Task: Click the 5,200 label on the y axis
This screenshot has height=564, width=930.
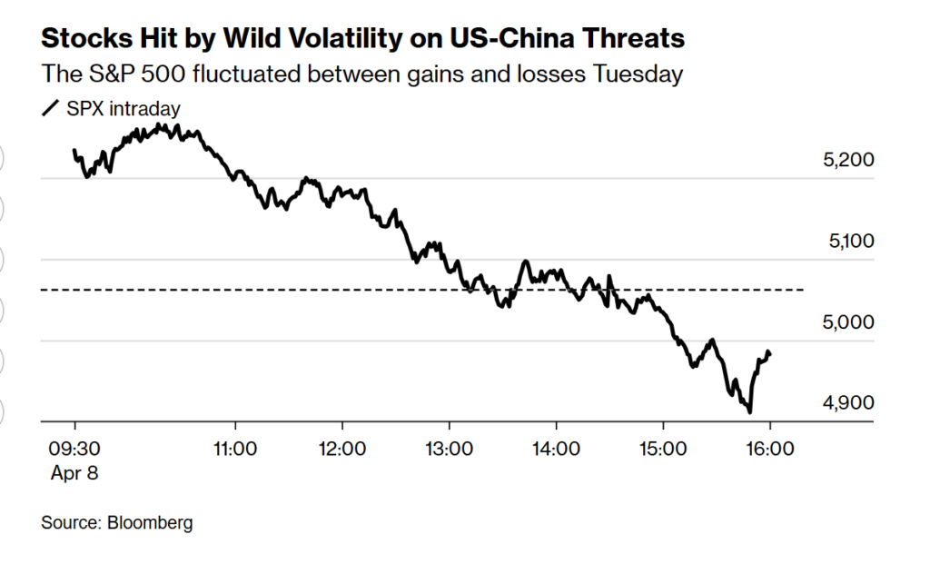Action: pyautogui.click(x=847, y=161)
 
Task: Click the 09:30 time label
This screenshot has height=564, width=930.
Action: pyautogui.click(x=74, y=448)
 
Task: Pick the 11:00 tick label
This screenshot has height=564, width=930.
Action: pyautogui.click(x=235, y=448)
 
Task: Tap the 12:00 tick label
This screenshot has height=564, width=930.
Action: pyautogui.click(x=342, y=448)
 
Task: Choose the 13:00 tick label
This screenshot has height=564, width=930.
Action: pyautogui.click(x=449, y=448)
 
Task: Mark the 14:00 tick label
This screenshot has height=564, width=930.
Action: pyautogui.click(x=556, y=448)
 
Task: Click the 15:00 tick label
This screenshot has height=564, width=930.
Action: pyautogui.click(x=663, y=448)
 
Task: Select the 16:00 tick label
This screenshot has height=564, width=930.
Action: pyautogui.click(x=770, y=448)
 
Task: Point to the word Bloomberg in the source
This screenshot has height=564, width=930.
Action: pyautogui.click(x=150, y=523)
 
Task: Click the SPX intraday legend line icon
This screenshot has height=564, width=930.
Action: pyautogui.click(x=51, y=109)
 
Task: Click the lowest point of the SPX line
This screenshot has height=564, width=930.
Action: pyautogui.click(x=750, y=411)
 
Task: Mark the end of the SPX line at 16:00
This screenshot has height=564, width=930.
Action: pyautogui.click(x=770, y=353)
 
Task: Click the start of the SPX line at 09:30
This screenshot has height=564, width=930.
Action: pyautogui.click(x=74, y=151)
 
